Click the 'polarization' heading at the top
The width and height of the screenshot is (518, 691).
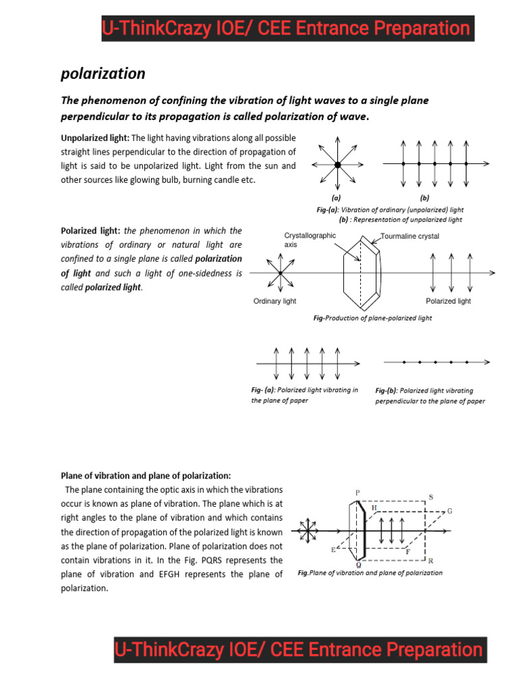click(x=103, y=73)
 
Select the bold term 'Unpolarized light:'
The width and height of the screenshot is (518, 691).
click(x=95, y=138)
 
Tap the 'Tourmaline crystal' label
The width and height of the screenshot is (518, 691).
click(x=409, y=236)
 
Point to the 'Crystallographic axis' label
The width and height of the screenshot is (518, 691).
click(x=310, y=240)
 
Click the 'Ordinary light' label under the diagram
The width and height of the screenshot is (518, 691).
click(x=275, y=301)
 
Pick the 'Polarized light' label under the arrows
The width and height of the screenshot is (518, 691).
click(x=449, y=301)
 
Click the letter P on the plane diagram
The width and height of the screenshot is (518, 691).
click(x=357, y=493)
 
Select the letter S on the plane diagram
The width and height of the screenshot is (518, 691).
click(x=431, y=497)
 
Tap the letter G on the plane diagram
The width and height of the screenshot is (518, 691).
click(x=450, y=512)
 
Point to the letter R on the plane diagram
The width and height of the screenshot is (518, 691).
click(x=430, y=561)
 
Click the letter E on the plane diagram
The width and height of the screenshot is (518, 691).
click(x=333, y=550)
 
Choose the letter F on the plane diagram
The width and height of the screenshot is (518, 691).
click(x=407, y=551)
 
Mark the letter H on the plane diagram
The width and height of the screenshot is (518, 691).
click(x=374, y=507)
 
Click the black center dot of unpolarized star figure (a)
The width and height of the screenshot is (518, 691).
click(x=337, y=165)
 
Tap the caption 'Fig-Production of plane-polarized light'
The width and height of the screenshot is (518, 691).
click(x=372, y=318)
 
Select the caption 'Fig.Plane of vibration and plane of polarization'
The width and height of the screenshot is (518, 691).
click(x=370, y=573)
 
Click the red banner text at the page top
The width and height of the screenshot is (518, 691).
click(x=286, y=28)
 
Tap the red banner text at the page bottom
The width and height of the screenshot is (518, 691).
click(x=299, y=650)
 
